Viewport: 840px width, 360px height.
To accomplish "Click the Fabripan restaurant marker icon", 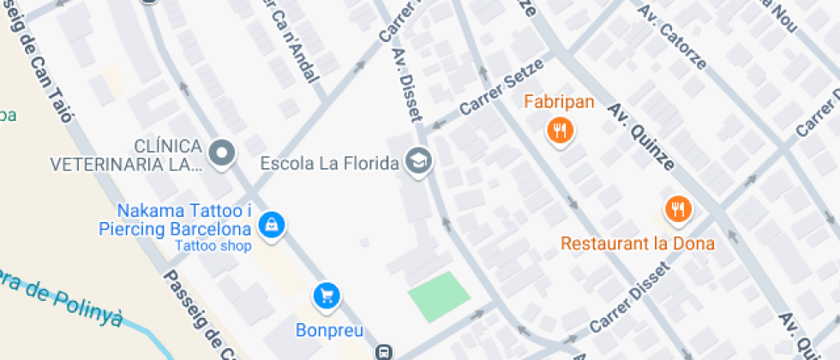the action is pos(561,130).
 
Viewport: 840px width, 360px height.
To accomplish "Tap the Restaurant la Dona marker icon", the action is pos(678,208).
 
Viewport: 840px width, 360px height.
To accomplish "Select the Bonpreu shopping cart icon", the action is pos(327,297).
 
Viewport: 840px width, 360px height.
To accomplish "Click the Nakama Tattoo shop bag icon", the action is pos(272,225).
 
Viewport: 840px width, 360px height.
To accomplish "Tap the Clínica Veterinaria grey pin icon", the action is pos(223,153).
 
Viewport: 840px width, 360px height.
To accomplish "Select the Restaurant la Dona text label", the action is pos(638,243).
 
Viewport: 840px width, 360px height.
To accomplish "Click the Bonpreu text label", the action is pos(329,330).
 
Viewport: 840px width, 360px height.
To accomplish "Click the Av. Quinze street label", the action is pos(641,135).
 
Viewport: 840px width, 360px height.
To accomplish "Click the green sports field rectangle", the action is pos(439,297).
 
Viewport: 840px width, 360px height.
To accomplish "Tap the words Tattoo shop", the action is pos(213,247).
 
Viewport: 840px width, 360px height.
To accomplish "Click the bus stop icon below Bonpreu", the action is pos(384,351).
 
